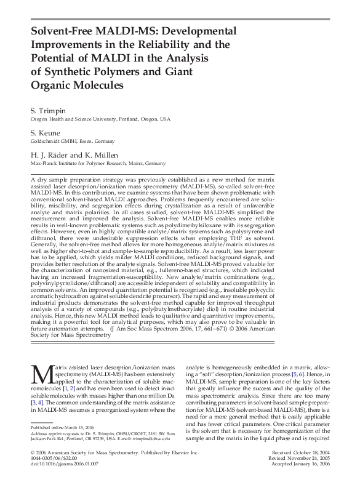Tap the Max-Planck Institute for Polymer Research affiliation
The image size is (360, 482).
pyautogui.click(x=98, y=164)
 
